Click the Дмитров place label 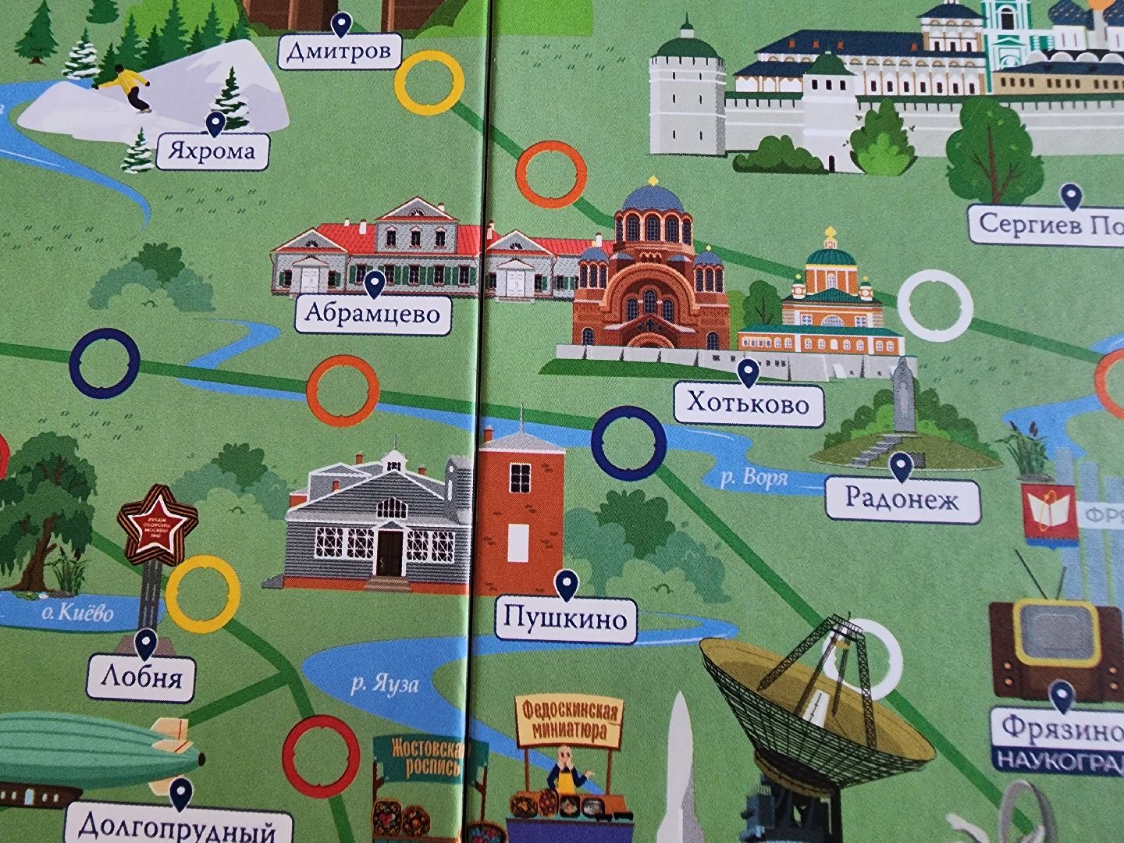click(x=340, y=52)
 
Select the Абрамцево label click(x=374, y=314)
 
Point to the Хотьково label click(x=748, y=403)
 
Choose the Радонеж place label click(x=902, y=497)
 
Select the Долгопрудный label click(x=179, y=826)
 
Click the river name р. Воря click(x=753, y=478)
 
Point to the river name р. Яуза click(x=384, y=685)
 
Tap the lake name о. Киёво click(x=77, y=612)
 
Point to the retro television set click(x=1044, y=633)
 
